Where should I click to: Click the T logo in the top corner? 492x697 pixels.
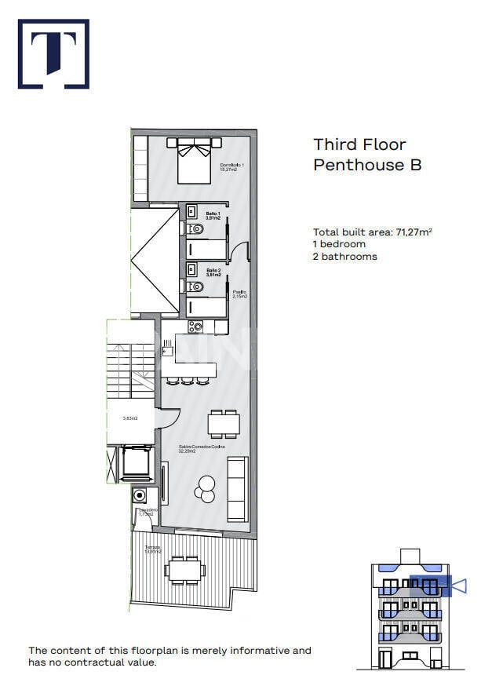click(x=53, y=53)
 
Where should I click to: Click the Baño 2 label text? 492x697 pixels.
click(x=213, y=272)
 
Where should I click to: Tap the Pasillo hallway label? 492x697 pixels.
click(x=239, y=294)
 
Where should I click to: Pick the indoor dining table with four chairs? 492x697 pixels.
click(x=224, y=424)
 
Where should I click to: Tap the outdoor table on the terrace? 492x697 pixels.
click(x=186, y=569)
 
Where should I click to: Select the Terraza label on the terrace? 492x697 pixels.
click(x=151, y=549)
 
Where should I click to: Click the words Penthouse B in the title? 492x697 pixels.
click(x=367, y=165)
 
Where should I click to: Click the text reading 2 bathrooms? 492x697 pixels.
click(x=345, y=257)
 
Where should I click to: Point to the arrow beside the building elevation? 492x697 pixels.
click(x=460, y=586)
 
